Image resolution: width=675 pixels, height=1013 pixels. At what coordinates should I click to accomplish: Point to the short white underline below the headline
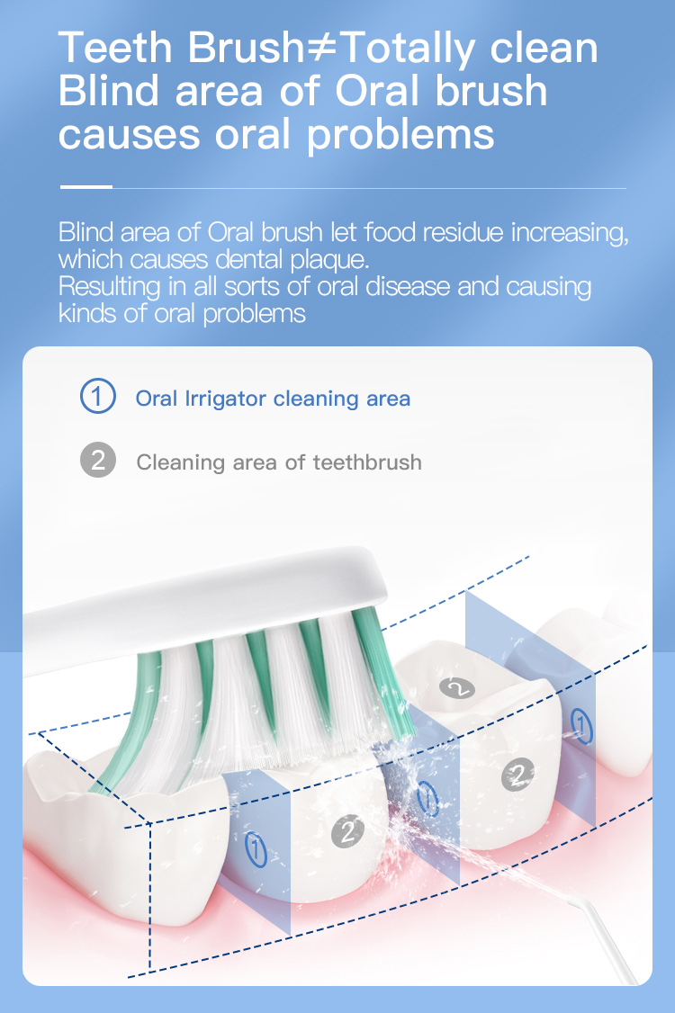pos(85,187)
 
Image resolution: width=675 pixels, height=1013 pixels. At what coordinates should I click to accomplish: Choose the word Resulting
pos(107,288)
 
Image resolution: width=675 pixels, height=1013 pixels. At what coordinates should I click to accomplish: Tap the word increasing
pos(569,233)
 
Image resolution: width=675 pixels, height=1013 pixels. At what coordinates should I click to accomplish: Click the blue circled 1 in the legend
pos(98,397)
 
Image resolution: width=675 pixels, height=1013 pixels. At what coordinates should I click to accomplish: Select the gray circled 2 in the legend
pos(98,462)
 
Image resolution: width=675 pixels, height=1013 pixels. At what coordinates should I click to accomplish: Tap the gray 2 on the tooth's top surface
pos(457,688)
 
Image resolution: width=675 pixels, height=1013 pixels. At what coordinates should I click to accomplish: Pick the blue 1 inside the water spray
pos(428,797)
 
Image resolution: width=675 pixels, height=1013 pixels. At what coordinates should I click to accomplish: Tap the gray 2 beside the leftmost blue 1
pos(347,831)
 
